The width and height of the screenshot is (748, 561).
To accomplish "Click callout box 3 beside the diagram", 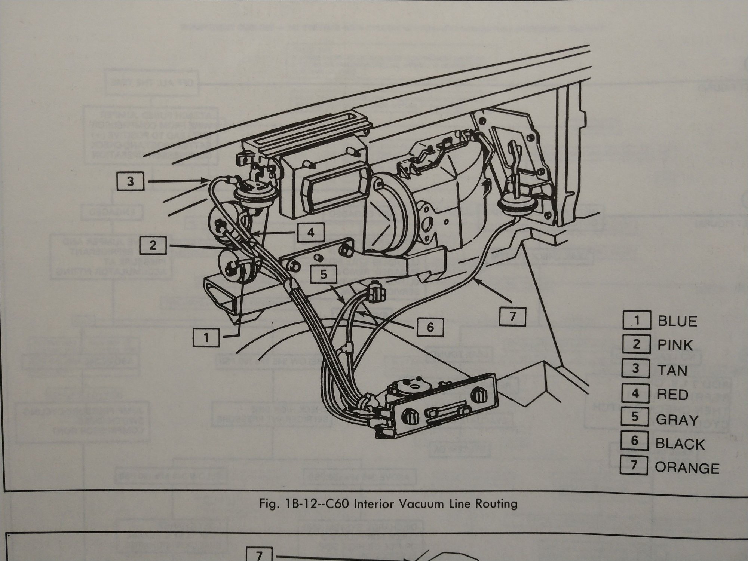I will (x=130, y=182).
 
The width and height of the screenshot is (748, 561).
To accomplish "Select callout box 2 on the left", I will (x=153, y=245).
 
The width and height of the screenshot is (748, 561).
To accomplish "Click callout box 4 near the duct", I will (x=311, y=233).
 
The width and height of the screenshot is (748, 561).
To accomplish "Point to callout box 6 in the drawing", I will (x=430, y=328).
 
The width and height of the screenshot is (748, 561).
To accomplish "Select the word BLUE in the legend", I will (x=677, y=321).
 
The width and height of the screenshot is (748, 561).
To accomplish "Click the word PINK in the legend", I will (x=675, y=345).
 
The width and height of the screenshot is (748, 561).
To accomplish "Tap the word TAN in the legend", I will (x=672, y=370).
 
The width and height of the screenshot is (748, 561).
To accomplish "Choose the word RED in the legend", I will (x=672, y=395).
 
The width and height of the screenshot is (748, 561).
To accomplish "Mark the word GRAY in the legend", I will (x=677, y=420).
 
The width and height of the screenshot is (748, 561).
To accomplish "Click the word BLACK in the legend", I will (x=680, y=444).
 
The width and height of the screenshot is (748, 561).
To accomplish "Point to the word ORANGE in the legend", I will (x=687, y=468).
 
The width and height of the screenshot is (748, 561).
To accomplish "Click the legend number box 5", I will (x=635, y=417).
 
